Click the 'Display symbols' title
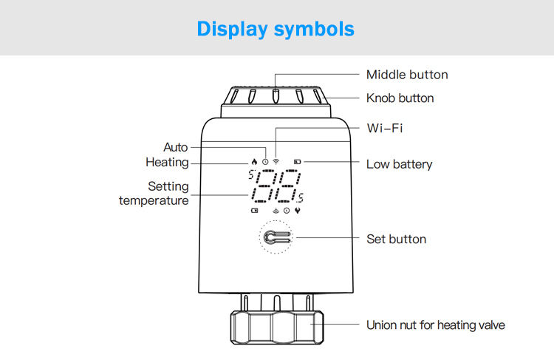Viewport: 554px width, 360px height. click(x=276, y=29)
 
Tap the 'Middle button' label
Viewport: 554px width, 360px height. click(x=406, y=75)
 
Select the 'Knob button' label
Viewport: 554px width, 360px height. click(x=400, y=98)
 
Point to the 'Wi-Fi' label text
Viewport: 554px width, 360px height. click(x=384, y=128)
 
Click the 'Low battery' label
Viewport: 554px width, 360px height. click(x=399, y=164)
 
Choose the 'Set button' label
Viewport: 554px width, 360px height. click(x=396, y=239)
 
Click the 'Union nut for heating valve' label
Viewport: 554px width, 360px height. click(x=436, y=325)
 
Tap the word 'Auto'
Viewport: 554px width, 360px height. click(x=176, y=147)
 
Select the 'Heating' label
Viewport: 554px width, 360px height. click(x=167, y=163)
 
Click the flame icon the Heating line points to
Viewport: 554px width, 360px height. click(x=254, y=161)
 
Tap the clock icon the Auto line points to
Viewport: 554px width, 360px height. click(x=265, y=161)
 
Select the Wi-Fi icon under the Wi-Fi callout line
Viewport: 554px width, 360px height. click(x=276, y=160)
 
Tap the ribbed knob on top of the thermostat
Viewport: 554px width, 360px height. click(x=276, y=99)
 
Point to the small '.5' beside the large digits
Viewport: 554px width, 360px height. click(x=299, y=197)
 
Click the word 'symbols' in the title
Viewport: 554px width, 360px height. click(x=314, y=29)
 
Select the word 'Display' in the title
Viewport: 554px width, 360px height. click(x=232, y=29)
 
